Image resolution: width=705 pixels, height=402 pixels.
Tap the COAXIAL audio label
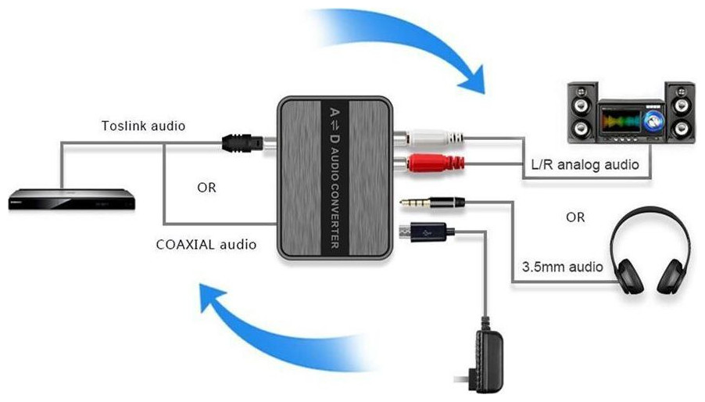click(206, 244)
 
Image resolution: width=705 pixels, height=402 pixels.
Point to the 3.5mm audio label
click(563, 267)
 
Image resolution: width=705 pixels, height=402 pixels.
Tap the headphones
click(650, 255)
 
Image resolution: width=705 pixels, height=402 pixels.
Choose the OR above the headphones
click(574, 217)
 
